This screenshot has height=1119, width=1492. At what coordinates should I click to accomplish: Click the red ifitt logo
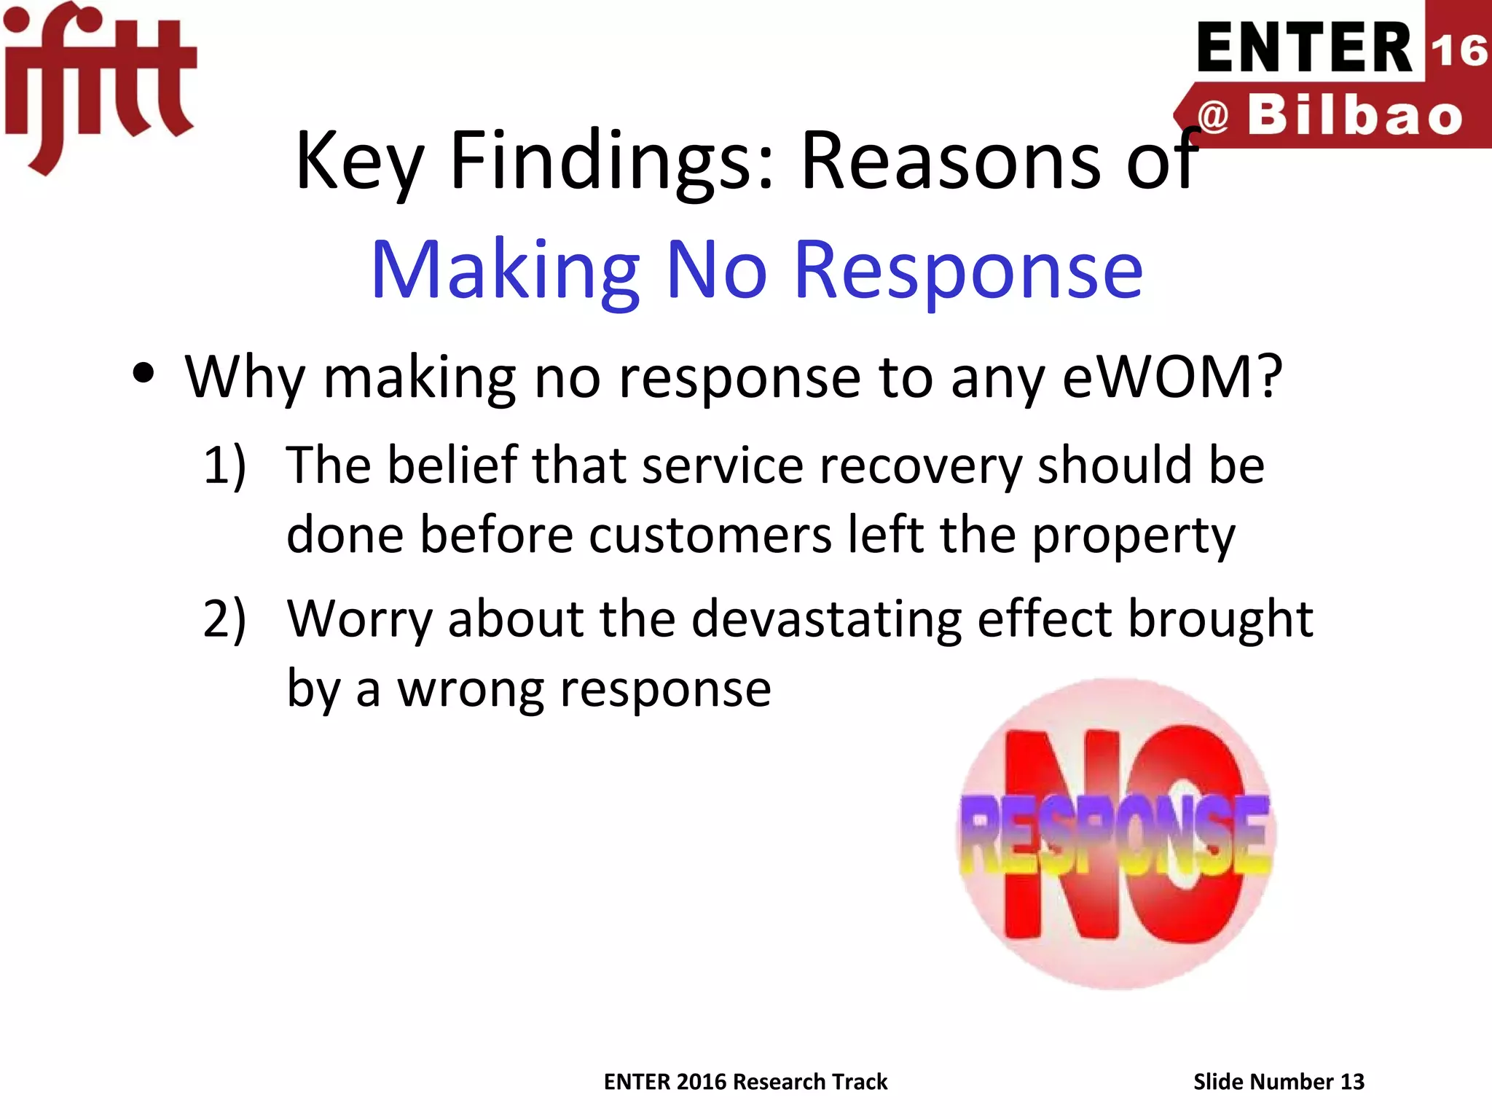(x=98, y=84)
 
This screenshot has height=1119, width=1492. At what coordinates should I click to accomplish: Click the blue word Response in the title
(x=968, y=271)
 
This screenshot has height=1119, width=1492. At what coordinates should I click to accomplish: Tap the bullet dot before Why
(x=144, y=373)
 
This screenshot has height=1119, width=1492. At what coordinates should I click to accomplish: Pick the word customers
(x=710, y=535)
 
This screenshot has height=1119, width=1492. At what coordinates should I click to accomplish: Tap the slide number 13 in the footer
(x=1352, y=1082)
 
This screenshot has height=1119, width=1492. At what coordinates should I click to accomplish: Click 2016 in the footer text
(x=702, y=1082)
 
